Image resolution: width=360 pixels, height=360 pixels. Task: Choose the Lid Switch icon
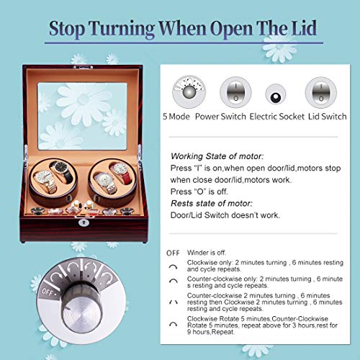click(x=318, y=94)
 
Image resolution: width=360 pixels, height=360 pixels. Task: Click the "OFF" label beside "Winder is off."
click(x=174, y=253)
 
